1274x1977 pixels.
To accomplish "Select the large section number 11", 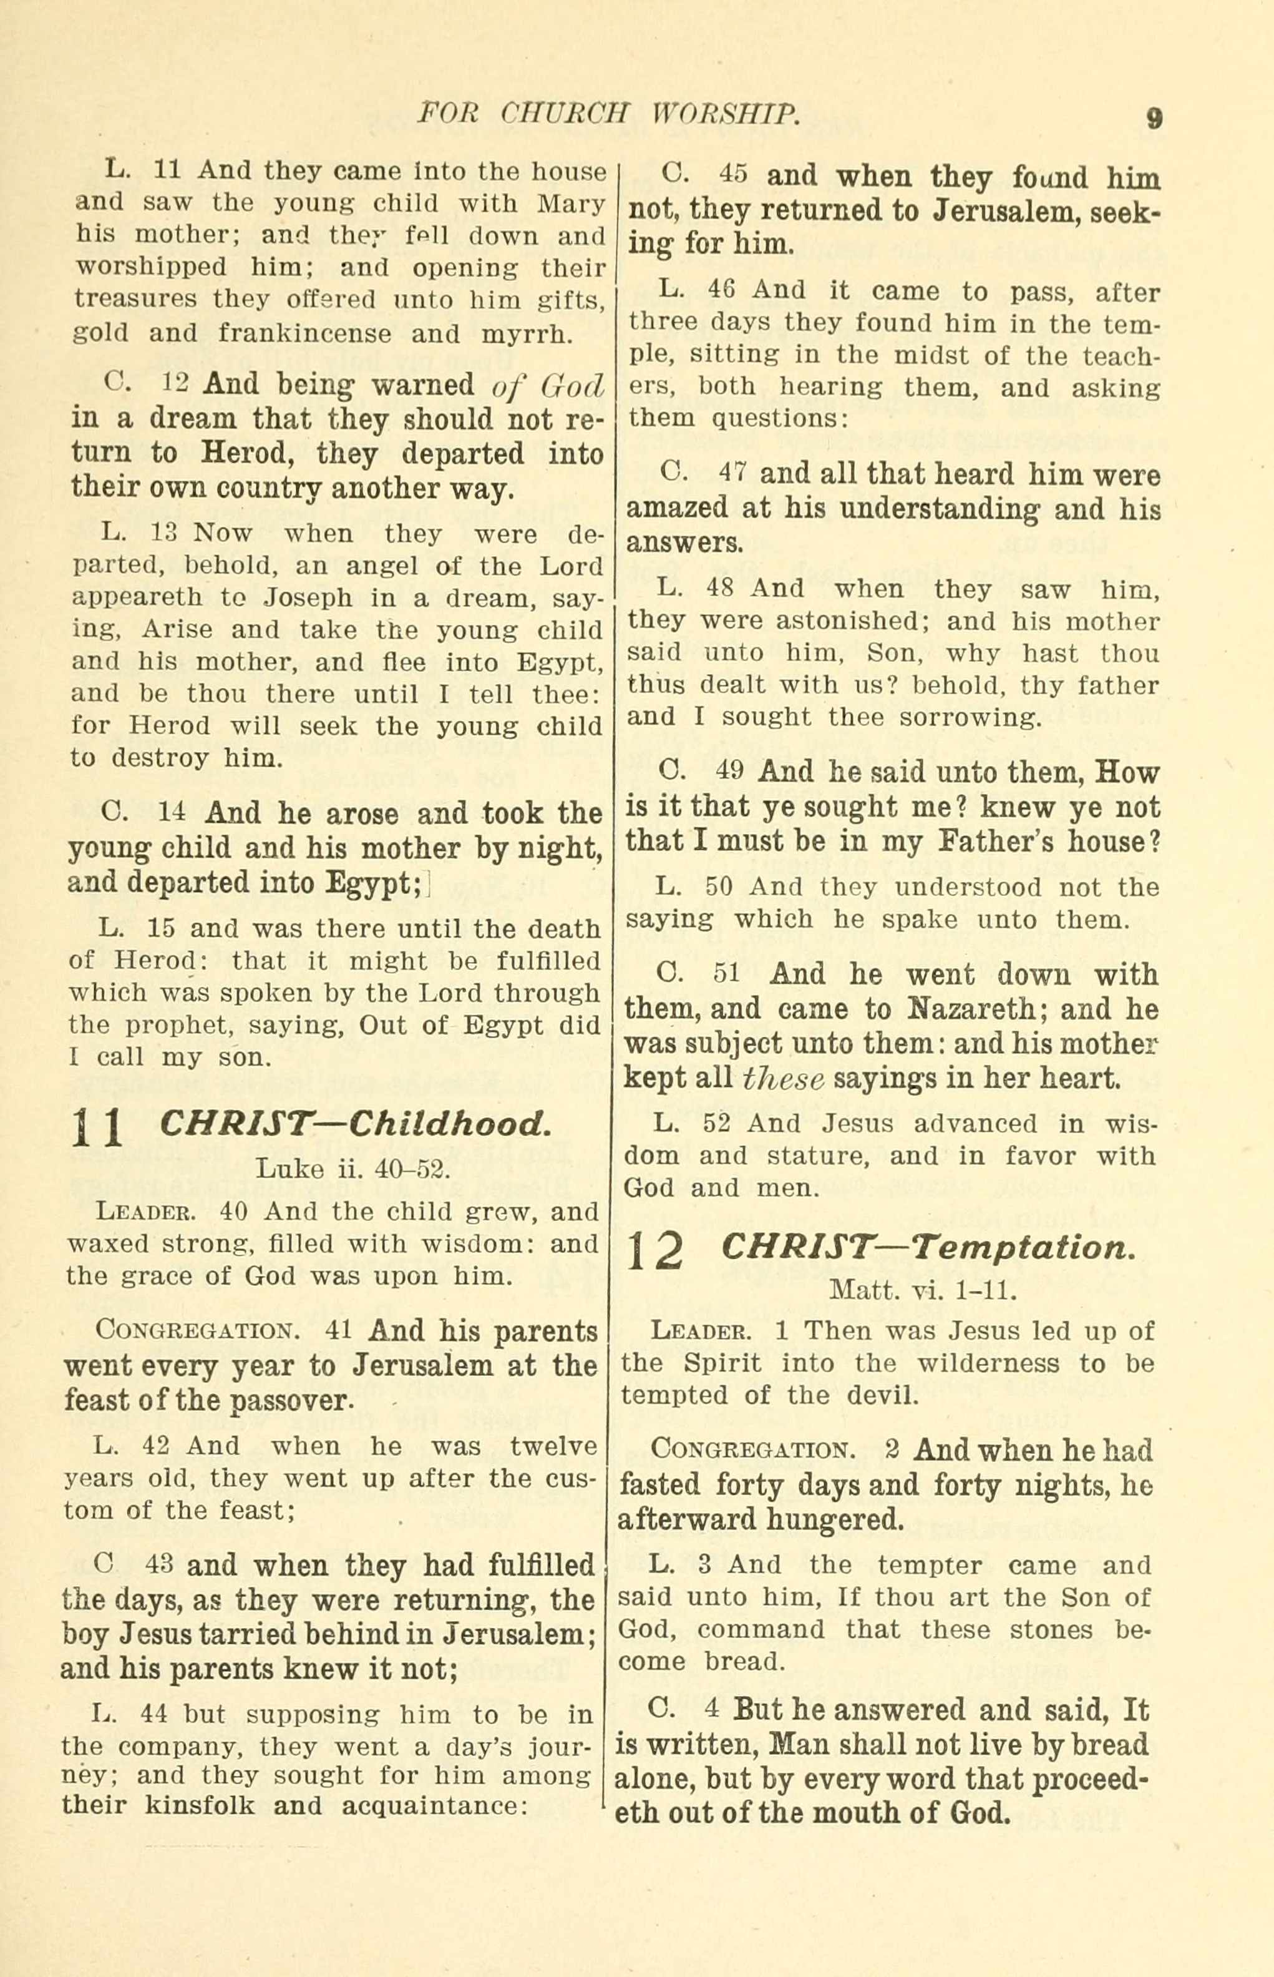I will (x=97, y=1127).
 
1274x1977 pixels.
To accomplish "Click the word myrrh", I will (x=525, y=333).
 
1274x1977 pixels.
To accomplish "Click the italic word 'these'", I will (x=784, y=1078).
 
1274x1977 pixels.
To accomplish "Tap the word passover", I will (x=290, y=1400).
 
